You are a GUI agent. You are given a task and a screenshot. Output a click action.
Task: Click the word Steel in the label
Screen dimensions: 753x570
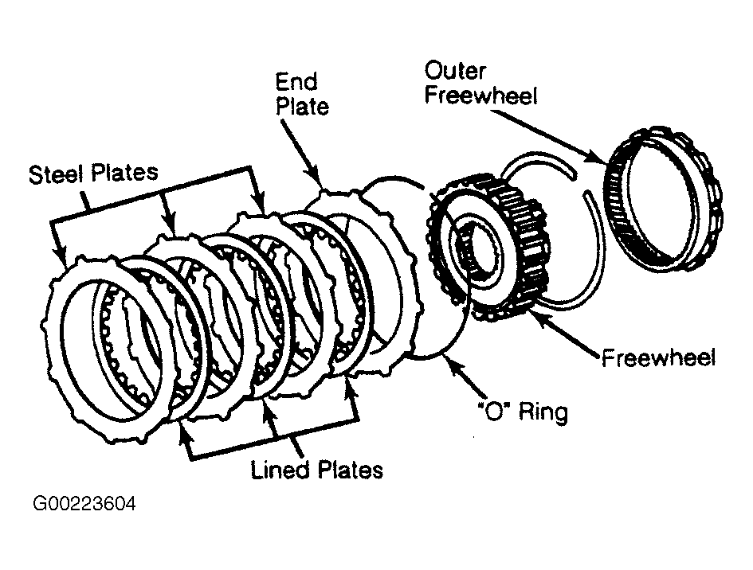[57, 174]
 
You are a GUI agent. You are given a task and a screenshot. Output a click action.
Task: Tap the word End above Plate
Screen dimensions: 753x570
[296, 82]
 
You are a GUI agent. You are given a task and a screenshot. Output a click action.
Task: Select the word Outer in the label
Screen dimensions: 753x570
[455, 71]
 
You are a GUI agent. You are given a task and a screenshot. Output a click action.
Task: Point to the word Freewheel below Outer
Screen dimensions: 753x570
[480, 96]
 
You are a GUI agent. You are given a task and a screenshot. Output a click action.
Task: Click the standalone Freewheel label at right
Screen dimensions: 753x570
[658, 358]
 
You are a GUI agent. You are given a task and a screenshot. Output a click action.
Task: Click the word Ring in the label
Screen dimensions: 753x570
[543, 412]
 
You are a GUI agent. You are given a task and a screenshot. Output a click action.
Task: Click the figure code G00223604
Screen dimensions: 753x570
[84, 504]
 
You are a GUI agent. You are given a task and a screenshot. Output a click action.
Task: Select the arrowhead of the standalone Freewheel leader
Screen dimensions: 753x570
[537, 317]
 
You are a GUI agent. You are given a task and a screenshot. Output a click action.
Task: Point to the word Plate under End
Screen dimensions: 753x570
[303, 106]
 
